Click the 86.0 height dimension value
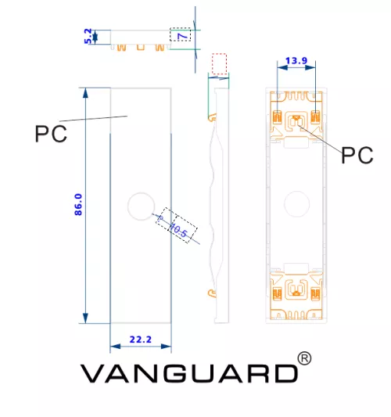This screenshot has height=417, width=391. pyautogui.click(x=78, y=204)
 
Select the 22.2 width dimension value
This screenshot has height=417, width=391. pyautogui.click(x=140, y=340)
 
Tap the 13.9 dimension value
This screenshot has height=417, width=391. pyautogui.click(x=296, y=61)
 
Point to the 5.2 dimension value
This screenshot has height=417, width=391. pyautogui.click(x=88, y=36)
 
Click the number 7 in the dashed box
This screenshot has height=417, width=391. pyautogui.click(x=184, y=35)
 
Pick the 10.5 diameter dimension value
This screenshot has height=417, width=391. pyautogui.click(x=178, y=230)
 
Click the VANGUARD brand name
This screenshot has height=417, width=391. pyautogui.click(x=189, y=373)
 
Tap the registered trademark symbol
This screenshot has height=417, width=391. pyautogui.click(x=304, y=358)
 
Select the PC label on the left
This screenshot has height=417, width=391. pyautogui.click(x=51, y=134)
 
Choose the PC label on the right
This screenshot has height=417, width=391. pyautogui.click(x=357, y=155)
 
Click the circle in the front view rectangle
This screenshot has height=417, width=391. pyautogui.click(x=141, y=207)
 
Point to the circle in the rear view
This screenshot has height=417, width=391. pyautogui.click(x=296, y=203)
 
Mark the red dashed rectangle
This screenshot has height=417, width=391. pyautogui.click(x=219, y=64)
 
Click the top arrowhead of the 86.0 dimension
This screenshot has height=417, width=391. pyautogui.click(x=85, y=93)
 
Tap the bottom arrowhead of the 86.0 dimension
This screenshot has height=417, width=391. pyautogui.click(x=85, y=318)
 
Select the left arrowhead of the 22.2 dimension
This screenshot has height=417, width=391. pyautogui.click(x=116, y=346)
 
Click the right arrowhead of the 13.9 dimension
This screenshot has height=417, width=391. pyautogui.click(x=310, y=67)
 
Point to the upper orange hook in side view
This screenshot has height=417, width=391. pyautogui.click(x=212, y=117)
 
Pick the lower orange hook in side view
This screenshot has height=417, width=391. pyautogui.click(x=212, y=293)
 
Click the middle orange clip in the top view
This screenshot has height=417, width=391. pyautogui.click(x=141, y=48)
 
